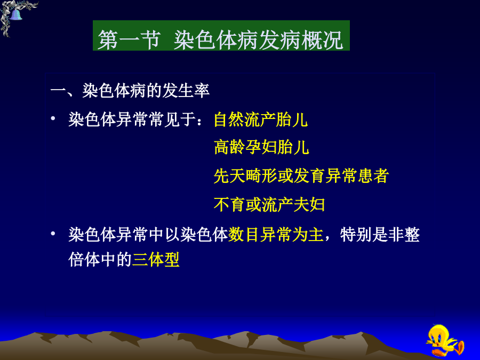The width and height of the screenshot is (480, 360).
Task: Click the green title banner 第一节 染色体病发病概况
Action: click(221, 36)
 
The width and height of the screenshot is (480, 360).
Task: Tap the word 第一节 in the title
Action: click(129, 40)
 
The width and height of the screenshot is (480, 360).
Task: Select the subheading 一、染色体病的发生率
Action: click(130, 91)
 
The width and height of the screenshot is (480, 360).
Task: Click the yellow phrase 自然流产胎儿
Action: click(260, 119)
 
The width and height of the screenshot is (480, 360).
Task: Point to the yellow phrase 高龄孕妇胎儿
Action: click(261, 147)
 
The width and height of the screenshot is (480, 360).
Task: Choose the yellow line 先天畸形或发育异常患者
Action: click(301, 175)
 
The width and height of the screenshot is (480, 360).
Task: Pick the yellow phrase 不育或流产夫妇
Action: click(269, 204)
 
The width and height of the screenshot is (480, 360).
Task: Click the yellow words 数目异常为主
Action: click(276, 235)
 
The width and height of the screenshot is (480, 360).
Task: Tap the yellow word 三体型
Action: click(156, 260)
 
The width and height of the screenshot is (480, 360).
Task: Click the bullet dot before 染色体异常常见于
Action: click(53, 118)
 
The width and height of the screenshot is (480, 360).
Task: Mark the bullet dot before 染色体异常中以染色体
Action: click(53, 234)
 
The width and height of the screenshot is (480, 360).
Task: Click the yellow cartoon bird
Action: click(445, 340)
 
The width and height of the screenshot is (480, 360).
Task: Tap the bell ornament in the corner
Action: click(15, 14)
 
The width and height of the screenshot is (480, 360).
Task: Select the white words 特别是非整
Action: click(380, 235)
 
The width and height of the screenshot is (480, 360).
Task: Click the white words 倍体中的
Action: click(100, 260)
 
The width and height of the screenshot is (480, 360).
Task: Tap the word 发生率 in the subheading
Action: click(186, 91)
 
